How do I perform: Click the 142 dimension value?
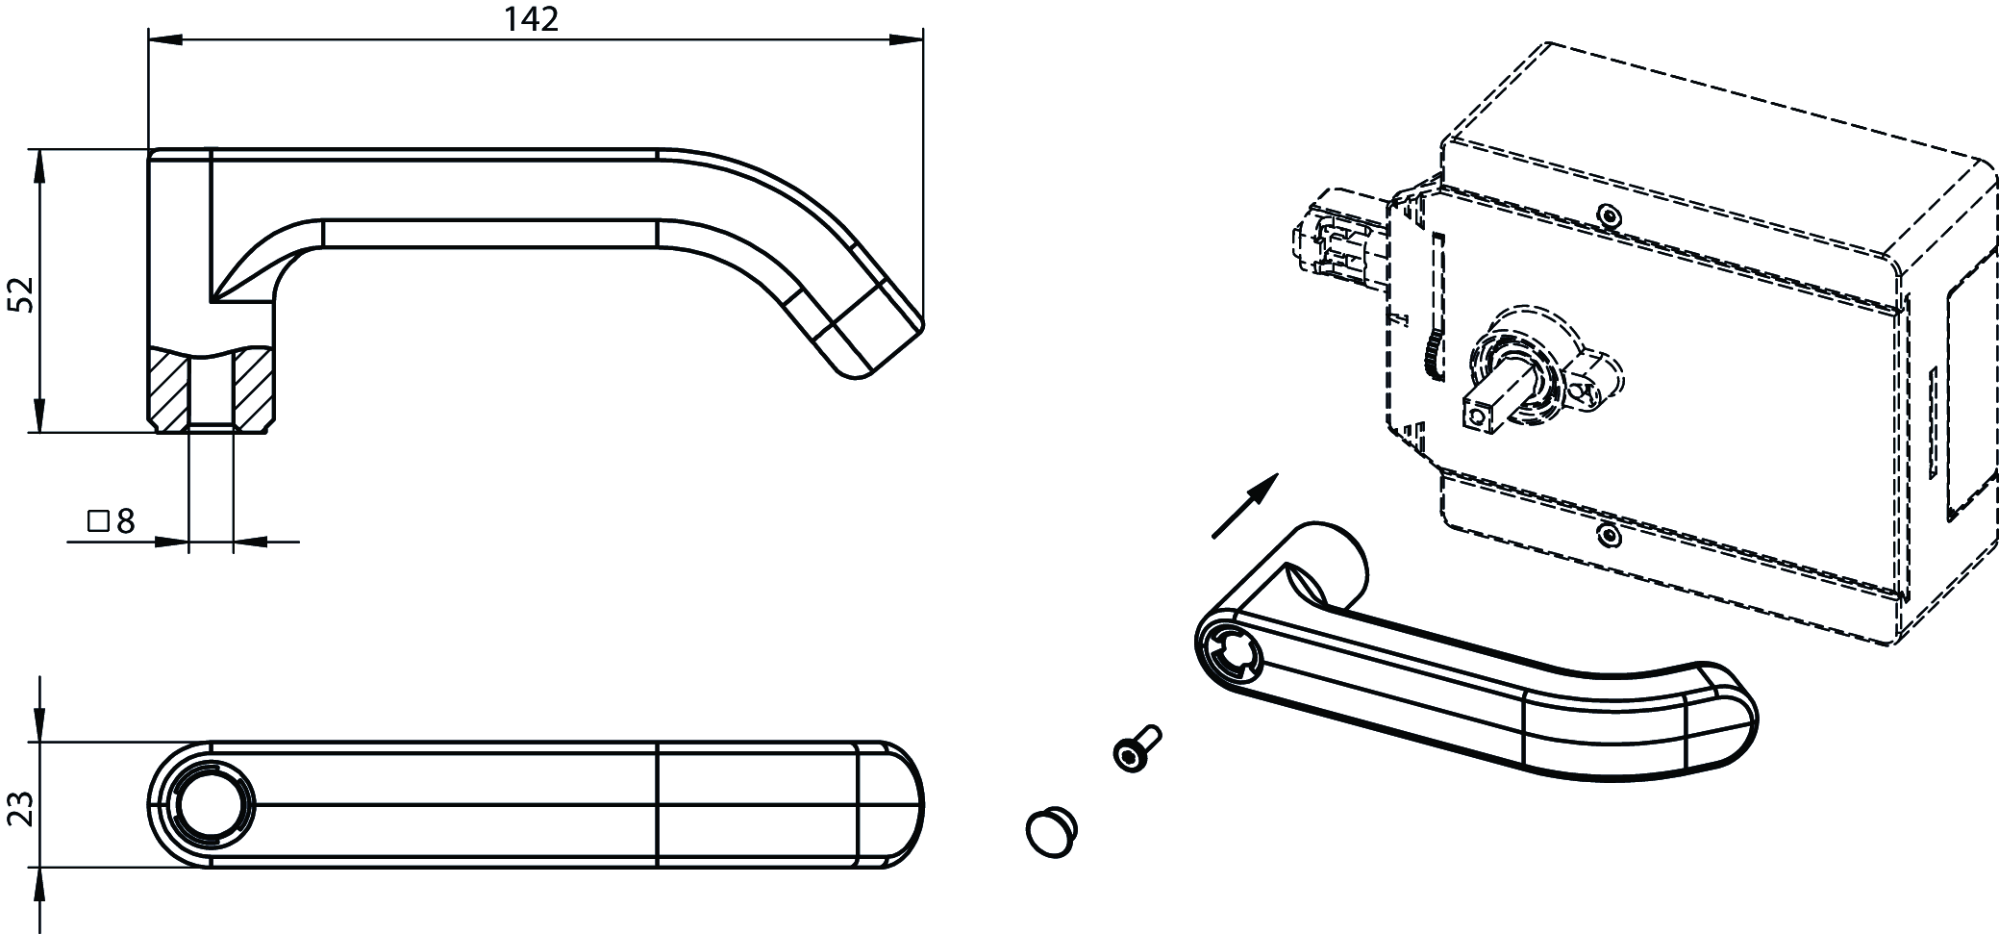click(x=531, y=19)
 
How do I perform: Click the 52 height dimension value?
click(x=21, y=293)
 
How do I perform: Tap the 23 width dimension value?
click(x=21, y=808)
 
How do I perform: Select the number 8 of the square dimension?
click(x=125, y=522)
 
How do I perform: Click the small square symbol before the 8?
click(x=98, y=522)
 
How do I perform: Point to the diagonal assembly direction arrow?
click(x=1245, y=504)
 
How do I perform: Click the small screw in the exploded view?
click(x=1136, y=749)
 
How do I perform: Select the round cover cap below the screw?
click(x=1052, y=831)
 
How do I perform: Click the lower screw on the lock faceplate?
click(x=1608, y=534)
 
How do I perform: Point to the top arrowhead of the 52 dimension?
click(x=39, y=166)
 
